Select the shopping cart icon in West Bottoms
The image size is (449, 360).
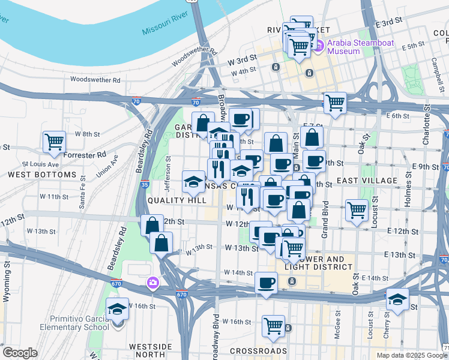click(x=54, y=141)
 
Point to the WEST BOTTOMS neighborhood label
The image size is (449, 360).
click(x=42, y=175)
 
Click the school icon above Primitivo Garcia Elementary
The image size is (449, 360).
click(x=117, y=309)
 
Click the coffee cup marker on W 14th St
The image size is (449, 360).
click(x=266, y=282)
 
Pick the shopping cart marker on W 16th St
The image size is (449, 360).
click(x=273, y=325)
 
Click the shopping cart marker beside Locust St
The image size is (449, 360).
click(x=357, y=210)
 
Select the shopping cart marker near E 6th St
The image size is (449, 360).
click(x=334, y=103)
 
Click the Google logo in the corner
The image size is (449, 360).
click(x=20, y=353)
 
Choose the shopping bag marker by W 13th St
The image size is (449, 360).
click(x=161, y=243)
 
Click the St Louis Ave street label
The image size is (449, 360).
click(x=41, y=164)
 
